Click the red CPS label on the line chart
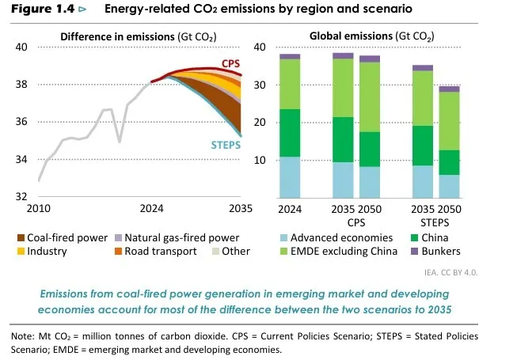231,63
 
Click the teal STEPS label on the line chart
226,146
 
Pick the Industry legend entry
47,251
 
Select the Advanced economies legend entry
340,237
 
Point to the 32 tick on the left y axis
21,196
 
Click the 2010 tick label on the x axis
39,209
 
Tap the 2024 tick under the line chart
151,209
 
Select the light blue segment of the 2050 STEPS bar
450,186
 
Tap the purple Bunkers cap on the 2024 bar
289,56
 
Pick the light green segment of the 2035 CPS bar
343,88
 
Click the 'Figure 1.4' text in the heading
36,10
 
